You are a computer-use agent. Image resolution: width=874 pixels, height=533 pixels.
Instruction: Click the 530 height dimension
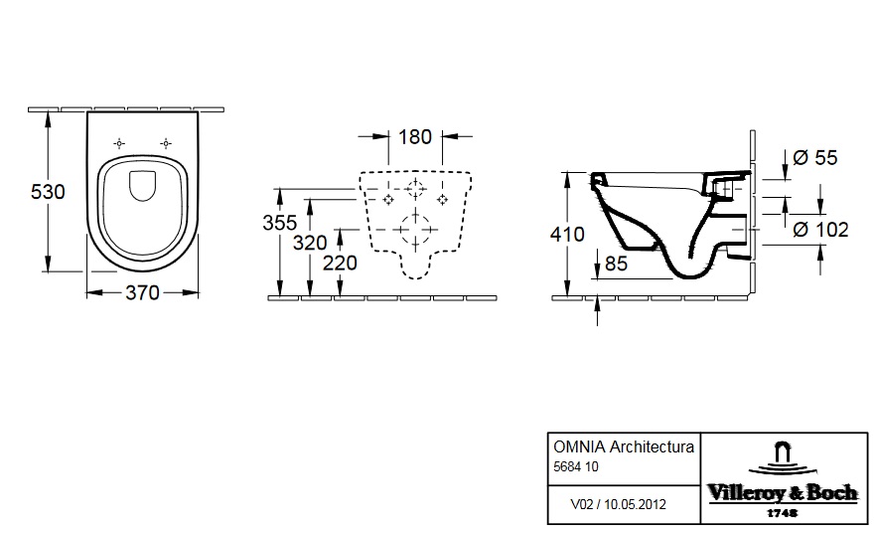[48, 192]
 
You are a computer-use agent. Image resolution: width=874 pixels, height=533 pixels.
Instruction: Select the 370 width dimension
[142, 292]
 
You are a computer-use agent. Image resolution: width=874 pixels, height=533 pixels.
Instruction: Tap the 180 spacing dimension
[415, 137]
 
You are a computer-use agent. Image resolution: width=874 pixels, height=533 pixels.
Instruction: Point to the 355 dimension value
[280, 223]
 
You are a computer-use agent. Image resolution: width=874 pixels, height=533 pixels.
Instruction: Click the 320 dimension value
[310, 243]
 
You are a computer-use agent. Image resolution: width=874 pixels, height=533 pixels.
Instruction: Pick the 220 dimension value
[340, 263]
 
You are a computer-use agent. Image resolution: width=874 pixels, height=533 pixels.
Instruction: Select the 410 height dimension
[567, 235]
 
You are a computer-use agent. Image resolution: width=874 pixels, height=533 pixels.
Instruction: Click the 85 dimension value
[616, 264]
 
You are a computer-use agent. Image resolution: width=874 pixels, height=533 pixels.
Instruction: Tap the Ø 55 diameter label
[815, 158]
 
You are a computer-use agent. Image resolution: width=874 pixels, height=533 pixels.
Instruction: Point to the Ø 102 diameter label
[820, 230]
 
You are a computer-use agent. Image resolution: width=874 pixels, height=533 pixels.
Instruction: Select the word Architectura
[653, 447]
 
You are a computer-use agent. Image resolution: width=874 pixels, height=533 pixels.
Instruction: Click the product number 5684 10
[576, 466]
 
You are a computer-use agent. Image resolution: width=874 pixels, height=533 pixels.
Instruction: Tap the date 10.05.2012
[635, 504]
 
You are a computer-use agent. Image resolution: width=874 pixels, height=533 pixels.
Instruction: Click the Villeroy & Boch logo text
[783, 493]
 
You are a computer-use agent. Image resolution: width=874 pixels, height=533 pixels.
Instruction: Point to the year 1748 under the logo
[782, 513]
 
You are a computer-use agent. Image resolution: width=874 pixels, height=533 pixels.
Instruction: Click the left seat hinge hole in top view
[119, 144]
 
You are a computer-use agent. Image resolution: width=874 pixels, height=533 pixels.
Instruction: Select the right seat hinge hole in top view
[166, 144]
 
